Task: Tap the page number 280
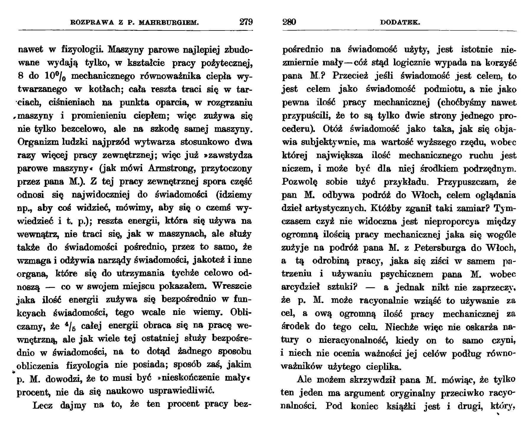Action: click(x=289, y=22)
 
